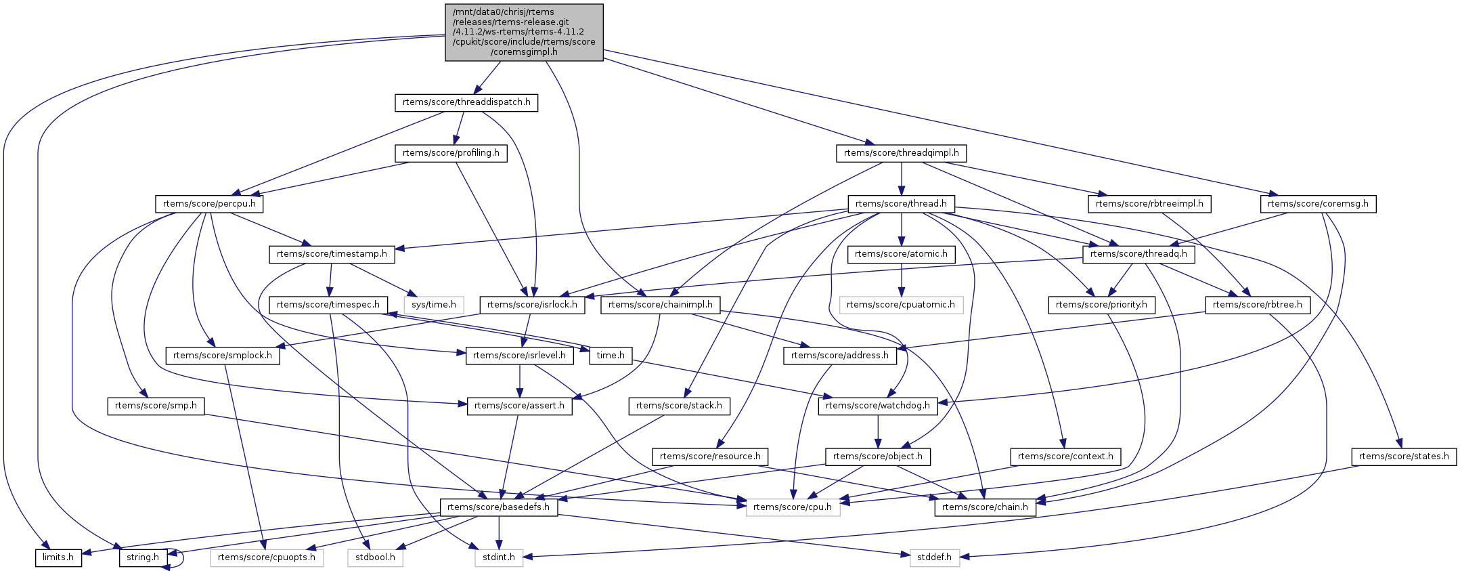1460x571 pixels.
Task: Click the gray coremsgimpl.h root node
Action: (x=524, y=33)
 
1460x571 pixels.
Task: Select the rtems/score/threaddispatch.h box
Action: (x=466, y=103)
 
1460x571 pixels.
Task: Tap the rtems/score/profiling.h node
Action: (x=451, y=153)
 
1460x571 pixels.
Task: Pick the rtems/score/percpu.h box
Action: (x=209, y=204)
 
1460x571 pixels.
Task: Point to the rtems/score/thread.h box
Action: (x=901, y=204)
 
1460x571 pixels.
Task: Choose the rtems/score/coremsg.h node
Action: (x=1318, y=204)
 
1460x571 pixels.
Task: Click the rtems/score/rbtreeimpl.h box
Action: (x=1149, y=204)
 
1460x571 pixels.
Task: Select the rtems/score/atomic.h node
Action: (x=901, y=254)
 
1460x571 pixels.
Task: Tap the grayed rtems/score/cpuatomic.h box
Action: (x=901, y=305)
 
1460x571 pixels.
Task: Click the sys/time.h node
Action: (x=434, y=305)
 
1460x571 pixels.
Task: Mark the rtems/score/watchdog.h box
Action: (x=878, y=406)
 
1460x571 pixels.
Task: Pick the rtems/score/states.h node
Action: (x=1404, y=457)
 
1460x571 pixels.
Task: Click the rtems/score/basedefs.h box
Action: (x=499, y=507)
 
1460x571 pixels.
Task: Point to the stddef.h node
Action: (x=934, y=557)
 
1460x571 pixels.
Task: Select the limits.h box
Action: (x=58, y=557)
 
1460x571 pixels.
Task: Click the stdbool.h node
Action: (x=376, y=557)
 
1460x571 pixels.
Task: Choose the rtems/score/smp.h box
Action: (x=156, y=406)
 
